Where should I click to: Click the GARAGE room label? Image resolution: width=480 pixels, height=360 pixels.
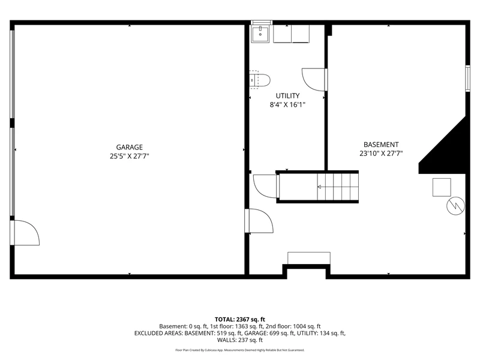[129, 147]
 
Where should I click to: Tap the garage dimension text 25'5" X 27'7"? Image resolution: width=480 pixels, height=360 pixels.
[129, 156]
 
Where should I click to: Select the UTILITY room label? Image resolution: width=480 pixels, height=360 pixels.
[287, 96]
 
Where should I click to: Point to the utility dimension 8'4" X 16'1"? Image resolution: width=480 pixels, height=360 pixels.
[287, 104]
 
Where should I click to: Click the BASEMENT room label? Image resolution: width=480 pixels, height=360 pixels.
[381, 145]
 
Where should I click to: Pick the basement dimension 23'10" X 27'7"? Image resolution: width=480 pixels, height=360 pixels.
[381, 154]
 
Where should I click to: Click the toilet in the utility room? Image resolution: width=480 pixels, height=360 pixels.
[260, 80]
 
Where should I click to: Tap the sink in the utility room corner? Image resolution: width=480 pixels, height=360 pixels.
[260, 34]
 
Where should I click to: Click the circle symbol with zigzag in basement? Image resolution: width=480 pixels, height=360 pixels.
[455, 206]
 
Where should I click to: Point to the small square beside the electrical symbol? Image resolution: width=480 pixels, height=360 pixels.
[442, 187]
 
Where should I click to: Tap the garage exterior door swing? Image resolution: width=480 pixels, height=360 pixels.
[25, 233]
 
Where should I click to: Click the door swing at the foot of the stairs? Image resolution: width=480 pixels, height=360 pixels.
[266, 186]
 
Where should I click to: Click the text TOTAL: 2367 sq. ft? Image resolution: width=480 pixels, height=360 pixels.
[239, 320]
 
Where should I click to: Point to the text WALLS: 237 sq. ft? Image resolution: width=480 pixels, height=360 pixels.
[239, 340]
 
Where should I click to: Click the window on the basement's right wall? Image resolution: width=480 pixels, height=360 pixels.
[468, 79]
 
